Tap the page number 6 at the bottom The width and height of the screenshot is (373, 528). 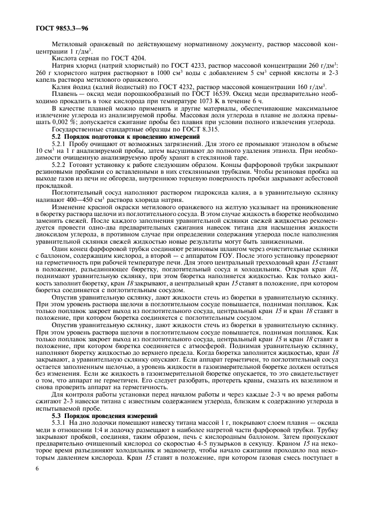(37, 469)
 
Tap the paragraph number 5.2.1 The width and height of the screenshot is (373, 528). (61, 145)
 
